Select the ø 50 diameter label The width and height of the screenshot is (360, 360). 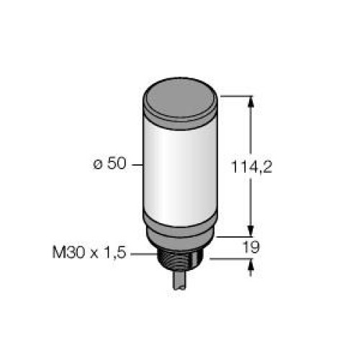point(110,163)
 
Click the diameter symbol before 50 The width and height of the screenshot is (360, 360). point(96,164)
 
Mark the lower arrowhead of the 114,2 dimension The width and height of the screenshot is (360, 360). point(251,228)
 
